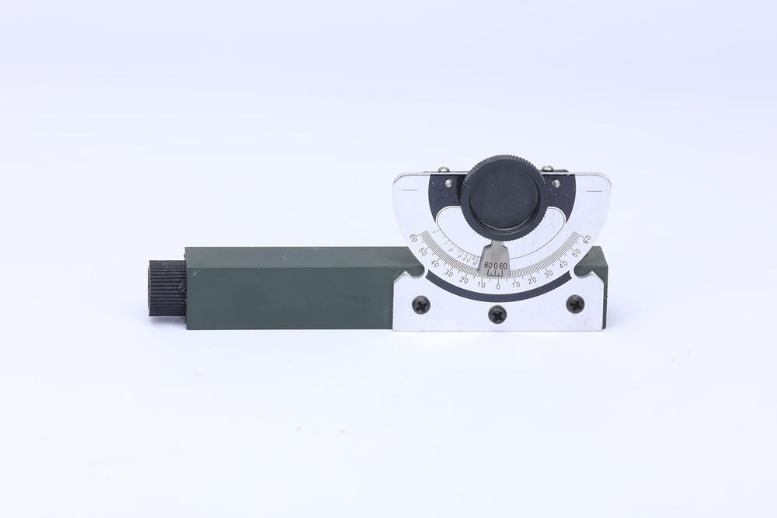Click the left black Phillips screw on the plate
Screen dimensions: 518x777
pos(420,304)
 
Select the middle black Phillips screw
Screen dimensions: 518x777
pos(497,315)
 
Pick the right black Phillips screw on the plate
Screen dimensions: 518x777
pos(575,304)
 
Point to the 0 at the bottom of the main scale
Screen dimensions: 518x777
pos(497,287)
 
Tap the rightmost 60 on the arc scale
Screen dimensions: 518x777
pos(587,238)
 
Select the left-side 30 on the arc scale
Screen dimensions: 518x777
pos(448,273)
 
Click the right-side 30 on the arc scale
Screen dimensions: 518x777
pos(549,273)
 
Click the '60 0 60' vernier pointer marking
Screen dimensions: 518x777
pos(496,266)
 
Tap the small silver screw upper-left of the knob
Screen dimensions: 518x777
pos(442,170)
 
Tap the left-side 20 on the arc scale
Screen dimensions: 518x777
pos(464,280)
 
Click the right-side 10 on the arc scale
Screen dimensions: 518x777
pos(515,284)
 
